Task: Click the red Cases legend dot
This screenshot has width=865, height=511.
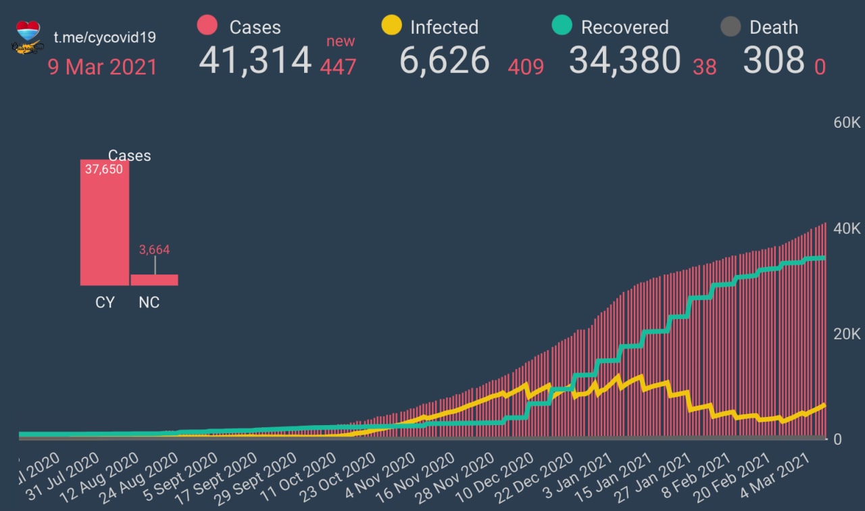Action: point(207,26)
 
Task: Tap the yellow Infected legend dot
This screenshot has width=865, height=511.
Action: point(391,26)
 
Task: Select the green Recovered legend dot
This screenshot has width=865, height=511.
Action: point(562,26)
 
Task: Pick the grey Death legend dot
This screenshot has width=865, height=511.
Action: point(731,26)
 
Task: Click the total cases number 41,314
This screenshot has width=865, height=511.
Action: point(255,60)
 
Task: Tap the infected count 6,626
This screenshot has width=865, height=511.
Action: point(444,60)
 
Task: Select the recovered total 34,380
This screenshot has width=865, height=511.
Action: point(624,60)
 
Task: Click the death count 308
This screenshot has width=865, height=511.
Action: point(774,60)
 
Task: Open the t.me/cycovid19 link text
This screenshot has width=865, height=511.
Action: point(105,36)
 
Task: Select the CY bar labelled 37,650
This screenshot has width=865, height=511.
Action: point(104,223)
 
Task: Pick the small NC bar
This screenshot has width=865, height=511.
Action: point(154,280)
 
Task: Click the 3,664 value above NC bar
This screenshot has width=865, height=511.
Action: point(154,250)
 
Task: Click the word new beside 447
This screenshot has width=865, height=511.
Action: point(341,41)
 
